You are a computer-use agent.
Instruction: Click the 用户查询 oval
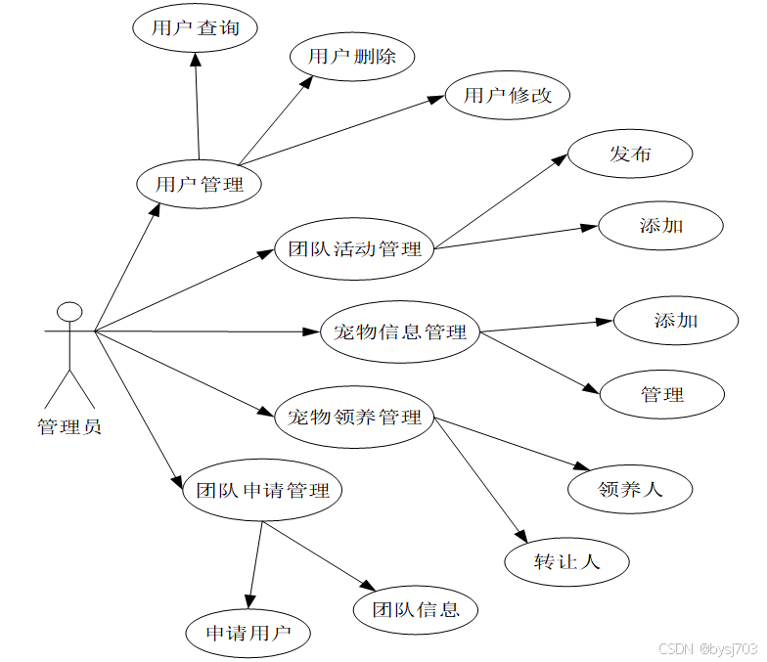coord(195,28)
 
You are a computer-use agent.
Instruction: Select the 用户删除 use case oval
coord(352,56)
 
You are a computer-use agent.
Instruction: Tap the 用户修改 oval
coord(508,95)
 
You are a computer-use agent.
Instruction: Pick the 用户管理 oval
coord(199,184)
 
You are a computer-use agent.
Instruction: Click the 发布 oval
coord(630,154)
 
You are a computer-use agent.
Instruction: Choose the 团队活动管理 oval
coord(353,249)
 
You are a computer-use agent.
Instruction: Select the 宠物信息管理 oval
coord(400,332)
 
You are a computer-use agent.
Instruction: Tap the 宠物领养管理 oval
coord(354,418)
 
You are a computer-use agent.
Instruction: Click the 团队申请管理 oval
coord(262,490)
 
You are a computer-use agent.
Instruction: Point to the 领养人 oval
coord(630,488)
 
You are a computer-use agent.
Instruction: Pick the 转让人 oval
coord(566,561)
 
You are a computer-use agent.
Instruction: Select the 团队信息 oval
coord(416,610)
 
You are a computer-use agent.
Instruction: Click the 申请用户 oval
coord(248,633)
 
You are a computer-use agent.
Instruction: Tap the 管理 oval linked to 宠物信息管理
coord(662,395)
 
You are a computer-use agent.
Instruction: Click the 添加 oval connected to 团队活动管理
coord(661,226)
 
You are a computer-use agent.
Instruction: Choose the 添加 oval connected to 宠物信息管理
coord(676,320)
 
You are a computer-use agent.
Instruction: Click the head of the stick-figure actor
coord(69,312)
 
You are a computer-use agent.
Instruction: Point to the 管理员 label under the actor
coord(69,426)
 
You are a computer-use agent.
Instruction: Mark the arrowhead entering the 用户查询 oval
coord(196,59)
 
